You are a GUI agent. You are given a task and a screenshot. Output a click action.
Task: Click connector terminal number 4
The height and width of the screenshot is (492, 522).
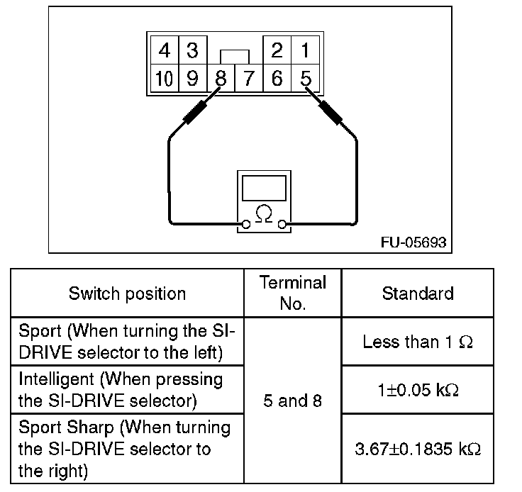coord(165,50)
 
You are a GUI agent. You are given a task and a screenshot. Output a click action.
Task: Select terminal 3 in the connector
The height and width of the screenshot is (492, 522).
coord(193,50)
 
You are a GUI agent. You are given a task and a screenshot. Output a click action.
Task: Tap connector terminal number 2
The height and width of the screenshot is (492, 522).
coord(277,50)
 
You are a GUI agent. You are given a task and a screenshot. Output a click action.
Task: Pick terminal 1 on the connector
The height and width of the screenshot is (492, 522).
coord(305,50)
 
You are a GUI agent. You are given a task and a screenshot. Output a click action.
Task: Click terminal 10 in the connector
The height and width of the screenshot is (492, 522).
coord(165,78)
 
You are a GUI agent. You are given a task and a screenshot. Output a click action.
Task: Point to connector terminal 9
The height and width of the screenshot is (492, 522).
coord(193,78)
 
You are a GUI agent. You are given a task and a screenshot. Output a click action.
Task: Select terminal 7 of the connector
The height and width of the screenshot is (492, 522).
coord(249,78)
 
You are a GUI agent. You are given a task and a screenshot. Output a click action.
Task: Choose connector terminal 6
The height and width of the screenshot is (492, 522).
coord(277,78)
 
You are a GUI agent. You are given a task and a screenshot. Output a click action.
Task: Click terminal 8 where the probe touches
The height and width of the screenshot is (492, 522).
coord(221,78)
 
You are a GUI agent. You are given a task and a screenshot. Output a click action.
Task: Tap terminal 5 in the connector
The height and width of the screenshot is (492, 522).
coord(305,78)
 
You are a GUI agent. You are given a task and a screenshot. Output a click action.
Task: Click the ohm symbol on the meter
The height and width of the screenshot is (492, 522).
coord(264,213)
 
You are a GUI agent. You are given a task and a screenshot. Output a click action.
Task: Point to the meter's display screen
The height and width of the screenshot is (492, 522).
coord(264,189)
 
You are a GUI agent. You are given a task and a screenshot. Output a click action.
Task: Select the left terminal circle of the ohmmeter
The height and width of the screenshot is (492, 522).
coord(246,225)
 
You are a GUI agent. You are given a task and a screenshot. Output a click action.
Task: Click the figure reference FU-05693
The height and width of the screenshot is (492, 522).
coord(413,242)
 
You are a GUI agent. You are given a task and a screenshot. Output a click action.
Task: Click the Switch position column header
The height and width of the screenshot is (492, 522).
coord(127,293)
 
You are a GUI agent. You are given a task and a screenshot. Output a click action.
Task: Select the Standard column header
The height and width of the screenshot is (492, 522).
coord(418,293)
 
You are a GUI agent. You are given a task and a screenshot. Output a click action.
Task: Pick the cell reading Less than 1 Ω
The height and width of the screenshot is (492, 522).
coord(418,342)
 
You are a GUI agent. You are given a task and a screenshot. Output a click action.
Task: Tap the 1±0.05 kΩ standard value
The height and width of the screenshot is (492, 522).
coord(418,390)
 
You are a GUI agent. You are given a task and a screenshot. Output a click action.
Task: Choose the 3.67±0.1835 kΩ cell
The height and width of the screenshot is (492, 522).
coord(418,449)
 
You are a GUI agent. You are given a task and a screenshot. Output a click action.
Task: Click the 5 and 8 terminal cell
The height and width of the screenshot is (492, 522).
coord(293,401)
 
